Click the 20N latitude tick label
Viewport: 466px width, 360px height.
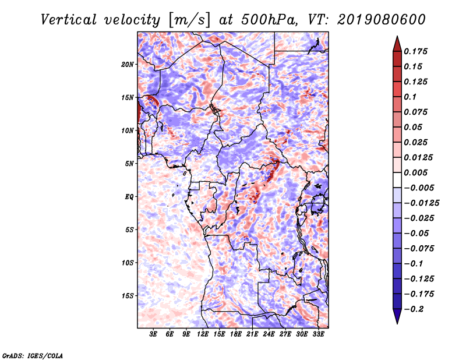(x=128, y=64)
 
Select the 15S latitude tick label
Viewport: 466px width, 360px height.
(x=128, y=296)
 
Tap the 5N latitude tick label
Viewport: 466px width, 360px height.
(x=129, y=164)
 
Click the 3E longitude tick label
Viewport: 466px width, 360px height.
(x=154, y=335)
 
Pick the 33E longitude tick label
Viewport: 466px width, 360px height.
(x=318, y=335)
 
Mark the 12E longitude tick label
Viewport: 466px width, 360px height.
(x=203, y=335)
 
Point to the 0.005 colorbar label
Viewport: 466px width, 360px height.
(x=417, y=172)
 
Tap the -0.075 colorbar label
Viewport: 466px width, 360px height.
(x=421, y=248)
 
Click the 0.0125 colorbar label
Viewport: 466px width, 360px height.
(x=419, y=157)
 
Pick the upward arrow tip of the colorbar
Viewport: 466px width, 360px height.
(x=397, y=40)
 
